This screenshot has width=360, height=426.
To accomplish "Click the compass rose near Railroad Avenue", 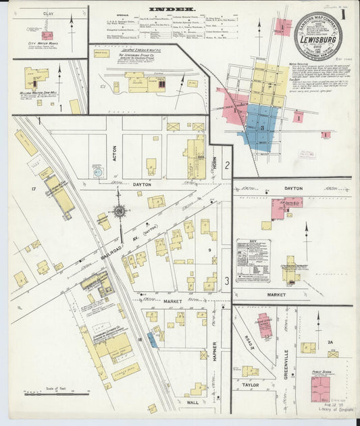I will (120, 211).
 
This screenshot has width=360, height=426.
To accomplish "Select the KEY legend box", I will (253, 260).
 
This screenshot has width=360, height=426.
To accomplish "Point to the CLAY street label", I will (48, 14).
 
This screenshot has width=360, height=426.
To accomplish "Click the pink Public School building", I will (319, 389).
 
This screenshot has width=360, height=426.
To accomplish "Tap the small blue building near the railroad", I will (152, 340).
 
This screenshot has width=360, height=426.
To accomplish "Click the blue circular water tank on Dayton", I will (100, 172).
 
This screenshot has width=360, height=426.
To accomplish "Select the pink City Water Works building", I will (47, 35).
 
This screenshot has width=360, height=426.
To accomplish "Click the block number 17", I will (32, 189).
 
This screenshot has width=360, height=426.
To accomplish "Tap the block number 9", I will (209, 250).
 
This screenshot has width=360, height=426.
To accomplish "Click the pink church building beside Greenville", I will (265, 325).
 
